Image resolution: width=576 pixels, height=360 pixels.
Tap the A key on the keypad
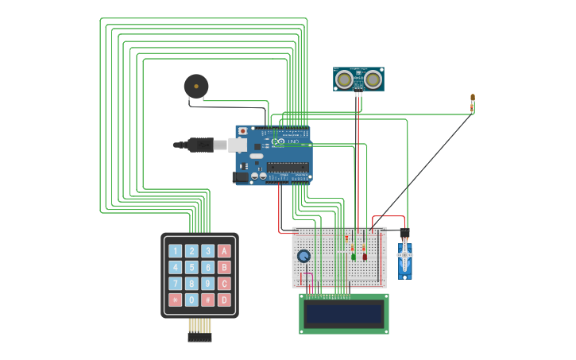click(x=224, y=251)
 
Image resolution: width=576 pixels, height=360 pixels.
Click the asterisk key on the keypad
click(x=175, y=300)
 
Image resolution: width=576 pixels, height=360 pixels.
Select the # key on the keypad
click(x=207, y=300)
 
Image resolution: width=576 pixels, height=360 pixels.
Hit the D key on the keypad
click(x=224, y=300)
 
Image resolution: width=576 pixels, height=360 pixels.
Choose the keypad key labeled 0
click(x=191, y=300)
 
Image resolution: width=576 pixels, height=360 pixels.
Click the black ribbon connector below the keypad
click(x=199, y=338)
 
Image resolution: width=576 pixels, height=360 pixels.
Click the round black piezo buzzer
click(x=196, y=86)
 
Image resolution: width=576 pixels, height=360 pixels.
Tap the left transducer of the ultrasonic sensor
click(x=344, y=79)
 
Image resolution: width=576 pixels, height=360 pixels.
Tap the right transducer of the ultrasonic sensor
click(x=373, y=79)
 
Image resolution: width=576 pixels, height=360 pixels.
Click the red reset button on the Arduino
click(x=242, y=131)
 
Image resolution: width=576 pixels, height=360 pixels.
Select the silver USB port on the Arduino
click(x=238, y=145)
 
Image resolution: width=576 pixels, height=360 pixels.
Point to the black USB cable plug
click(x=200, y=145)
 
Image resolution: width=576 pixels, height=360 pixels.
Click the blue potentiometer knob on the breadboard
click(x=303, y=256)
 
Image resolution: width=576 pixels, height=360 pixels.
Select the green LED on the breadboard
click(x=354, y=256)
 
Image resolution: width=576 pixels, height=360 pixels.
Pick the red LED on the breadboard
click(x=365, y=256)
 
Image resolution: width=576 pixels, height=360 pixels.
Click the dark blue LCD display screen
click(x=343, y=314)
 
